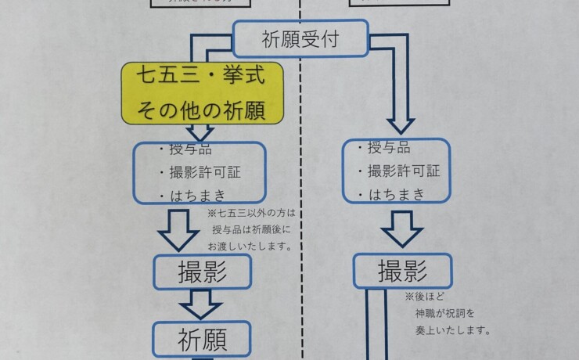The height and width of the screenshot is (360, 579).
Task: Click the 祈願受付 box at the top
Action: (301, 39)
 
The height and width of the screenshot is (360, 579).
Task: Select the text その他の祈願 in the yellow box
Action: (200, 110)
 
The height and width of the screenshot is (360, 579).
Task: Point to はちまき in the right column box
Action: (389, 194)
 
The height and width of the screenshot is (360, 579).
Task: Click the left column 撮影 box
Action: (203, 272)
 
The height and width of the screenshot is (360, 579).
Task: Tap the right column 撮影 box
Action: (402, 272)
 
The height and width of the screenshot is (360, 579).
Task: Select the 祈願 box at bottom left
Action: (203, 340)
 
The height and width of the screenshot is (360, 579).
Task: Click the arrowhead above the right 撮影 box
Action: (402, 235)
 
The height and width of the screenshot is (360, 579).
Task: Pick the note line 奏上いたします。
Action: (453, 329)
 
